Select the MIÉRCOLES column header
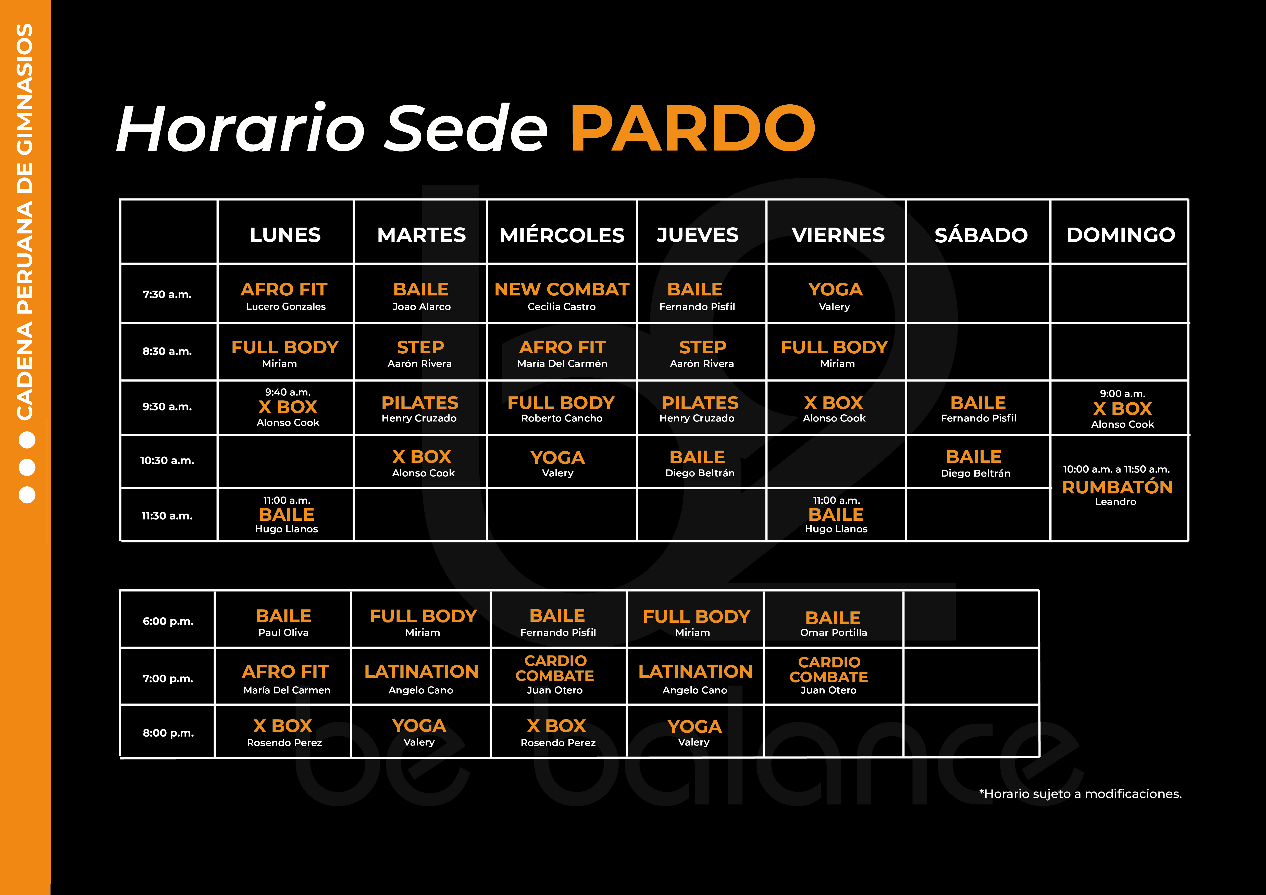click(x=562, y=235)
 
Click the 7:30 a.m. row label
click(x=167, y=294)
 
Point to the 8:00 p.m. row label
click(x=168, y=733)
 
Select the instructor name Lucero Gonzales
click(x=286, y=307)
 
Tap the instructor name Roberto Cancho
click(x=562, y=418)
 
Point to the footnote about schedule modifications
click(x=1080, y=794)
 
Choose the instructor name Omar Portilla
click(x=833, y=632)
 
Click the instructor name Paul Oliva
click(x=283, y=632)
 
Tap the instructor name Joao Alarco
click(x=421, y=307)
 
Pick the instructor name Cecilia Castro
click(x=561, y=307)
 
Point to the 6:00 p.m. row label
click(x=168, y=621)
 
